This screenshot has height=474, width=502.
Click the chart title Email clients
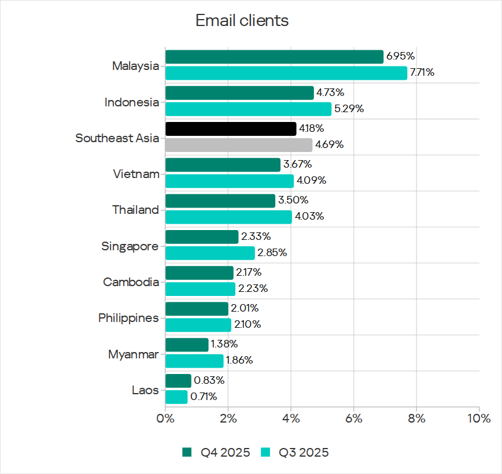click(x=242, y=21)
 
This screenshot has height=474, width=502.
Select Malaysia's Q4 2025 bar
click(x=274, y=57)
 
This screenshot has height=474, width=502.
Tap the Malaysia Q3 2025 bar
click(x=286, y=73)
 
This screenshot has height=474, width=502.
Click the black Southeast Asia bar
click(x=231, y=128)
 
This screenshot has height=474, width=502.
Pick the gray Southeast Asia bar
click(x=239, y=145)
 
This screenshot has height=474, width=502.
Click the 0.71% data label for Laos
click(x=204, y=397)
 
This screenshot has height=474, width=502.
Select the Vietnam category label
click(x=136, y=173)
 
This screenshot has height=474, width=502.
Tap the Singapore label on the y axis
click(x=130, y=246)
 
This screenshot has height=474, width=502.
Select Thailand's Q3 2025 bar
click(x=228, y=217)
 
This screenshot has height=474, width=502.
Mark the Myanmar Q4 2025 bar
click(x=187, y=345)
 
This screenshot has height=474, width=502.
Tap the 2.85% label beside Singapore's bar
click(x=272, y=253)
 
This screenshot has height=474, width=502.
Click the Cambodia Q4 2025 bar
click(x=200, y=272)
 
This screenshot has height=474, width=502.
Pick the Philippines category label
click(x=128, y=318)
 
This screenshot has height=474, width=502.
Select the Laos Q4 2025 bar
click(x=178, y=380)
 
